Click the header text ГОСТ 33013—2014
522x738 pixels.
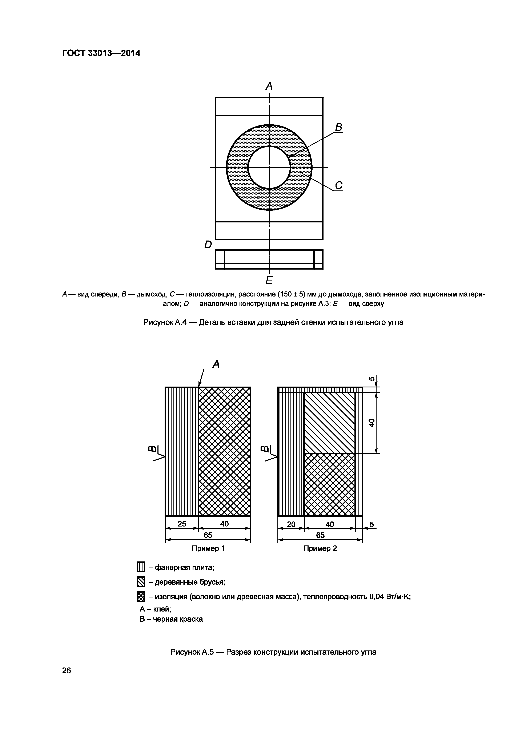point(101,53)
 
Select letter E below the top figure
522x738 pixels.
point(269,281)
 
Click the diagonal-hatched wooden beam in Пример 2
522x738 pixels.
point(329,423)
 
